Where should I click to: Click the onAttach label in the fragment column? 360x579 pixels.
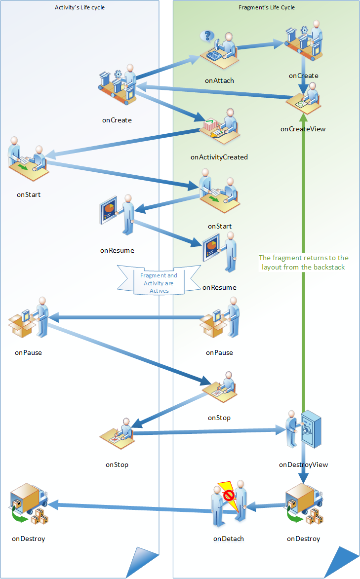219,80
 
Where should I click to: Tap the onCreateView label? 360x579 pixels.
303,129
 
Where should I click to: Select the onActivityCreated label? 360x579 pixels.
219,157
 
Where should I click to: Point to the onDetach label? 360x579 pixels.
229,539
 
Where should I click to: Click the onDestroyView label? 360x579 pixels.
303,464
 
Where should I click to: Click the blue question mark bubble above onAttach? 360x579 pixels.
209,36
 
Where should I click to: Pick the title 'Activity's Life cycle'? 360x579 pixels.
80,7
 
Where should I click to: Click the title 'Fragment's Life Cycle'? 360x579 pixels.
267,7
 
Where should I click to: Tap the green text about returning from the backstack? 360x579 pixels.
304,262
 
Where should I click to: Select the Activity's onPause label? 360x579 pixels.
28,352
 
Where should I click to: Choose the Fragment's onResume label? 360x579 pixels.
219,287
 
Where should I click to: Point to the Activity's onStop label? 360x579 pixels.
117,464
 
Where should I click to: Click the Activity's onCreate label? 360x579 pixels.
117,119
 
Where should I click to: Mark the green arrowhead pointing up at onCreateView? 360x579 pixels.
304,118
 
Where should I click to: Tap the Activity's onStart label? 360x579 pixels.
29,194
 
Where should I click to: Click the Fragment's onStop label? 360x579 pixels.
219,418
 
